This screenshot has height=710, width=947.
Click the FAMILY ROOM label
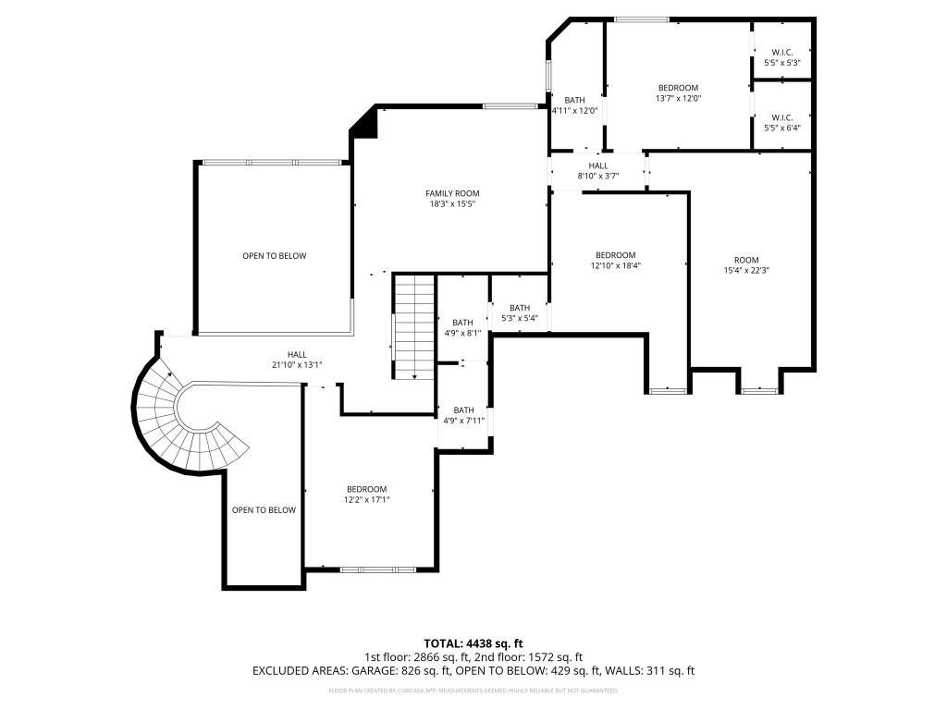(452, 193)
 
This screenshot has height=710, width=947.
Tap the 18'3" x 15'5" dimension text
(452, 205)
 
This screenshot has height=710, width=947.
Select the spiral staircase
(185, 425)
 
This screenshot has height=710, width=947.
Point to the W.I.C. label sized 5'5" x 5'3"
(781, 52)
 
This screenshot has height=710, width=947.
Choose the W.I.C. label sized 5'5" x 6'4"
(781, 117)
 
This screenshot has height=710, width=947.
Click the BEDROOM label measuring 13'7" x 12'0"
(678, 88)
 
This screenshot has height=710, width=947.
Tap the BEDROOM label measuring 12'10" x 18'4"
(615, 255)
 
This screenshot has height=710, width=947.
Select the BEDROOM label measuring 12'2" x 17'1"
(366, 489)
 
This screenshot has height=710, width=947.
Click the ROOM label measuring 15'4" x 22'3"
(746, 260)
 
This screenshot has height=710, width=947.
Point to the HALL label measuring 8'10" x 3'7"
(597, 165)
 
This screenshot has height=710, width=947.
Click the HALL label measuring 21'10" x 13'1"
(297, 354)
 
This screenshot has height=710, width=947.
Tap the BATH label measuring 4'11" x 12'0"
(575, 100)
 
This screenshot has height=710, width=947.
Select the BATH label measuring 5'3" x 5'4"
(519, 308)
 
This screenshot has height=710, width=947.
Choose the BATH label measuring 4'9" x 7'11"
(463, 410)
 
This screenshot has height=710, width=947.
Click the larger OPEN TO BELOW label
(274, 256)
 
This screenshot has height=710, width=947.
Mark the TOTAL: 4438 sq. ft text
(473, 643)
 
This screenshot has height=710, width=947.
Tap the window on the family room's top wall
(512, 106)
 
